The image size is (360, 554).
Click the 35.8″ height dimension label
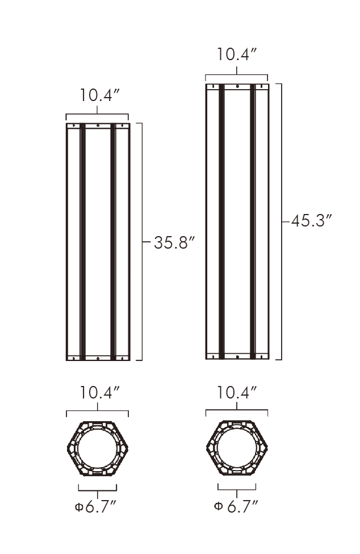[x=174, y=243]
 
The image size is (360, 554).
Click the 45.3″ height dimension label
[x=312, y=221]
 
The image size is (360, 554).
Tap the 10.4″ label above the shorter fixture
[x=99, y=95]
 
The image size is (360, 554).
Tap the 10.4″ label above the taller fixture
[x=236, y=54]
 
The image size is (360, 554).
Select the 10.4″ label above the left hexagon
[x=99, y=393]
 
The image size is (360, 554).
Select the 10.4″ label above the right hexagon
[x=236, y=393]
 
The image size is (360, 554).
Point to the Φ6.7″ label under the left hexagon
[x=95, y=507]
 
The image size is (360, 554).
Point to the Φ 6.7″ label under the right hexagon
[x=236, y=506]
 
